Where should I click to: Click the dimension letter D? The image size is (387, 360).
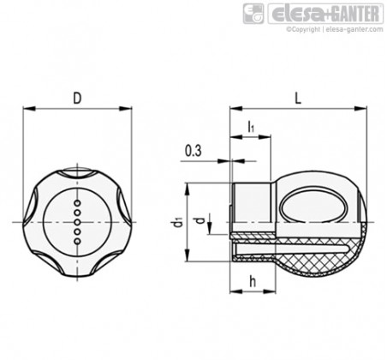tap(77, 99)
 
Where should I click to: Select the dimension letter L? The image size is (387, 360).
tap(298, 99)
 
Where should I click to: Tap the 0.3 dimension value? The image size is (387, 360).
tap(193, 151)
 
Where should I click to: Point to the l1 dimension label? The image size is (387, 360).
tap(251, 126)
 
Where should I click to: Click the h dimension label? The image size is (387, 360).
tap(253, 282)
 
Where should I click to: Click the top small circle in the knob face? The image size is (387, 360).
tap(77, 203)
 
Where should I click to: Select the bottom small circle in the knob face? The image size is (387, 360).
tap(77, 242)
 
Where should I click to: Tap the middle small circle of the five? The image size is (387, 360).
tap(77, 222)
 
